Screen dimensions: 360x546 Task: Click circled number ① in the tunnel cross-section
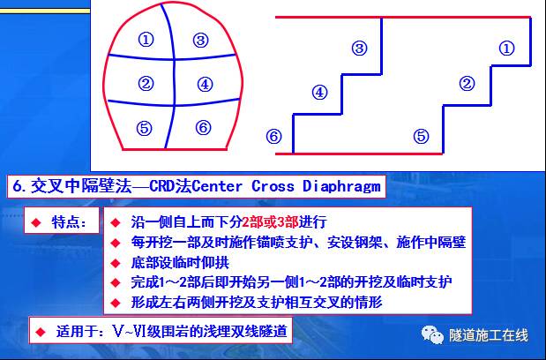146,40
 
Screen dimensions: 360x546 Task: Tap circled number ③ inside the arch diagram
201,40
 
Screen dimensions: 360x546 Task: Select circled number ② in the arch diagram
146,85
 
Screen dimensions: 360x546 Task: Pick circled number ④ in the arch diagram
204,85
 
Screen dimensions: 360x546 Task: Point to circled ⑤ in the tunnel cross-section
145,127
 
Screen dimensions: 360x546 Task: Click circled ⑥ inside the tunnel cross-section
203,127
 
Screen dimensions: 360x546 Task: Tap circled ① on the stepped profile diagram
506,49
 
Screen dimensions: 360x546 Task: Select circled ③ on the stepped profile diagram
358,49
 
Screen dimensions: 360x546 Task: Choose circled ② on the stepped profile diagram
467,85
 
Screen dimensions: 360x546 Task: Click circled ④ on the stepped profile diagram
319,91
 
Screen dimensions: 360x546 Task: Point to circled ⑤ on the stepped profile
421,136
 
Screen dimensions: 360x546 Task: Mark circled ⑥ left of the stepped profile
273,136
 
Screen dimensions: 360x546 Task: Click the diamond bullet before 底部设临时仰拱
113,263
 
